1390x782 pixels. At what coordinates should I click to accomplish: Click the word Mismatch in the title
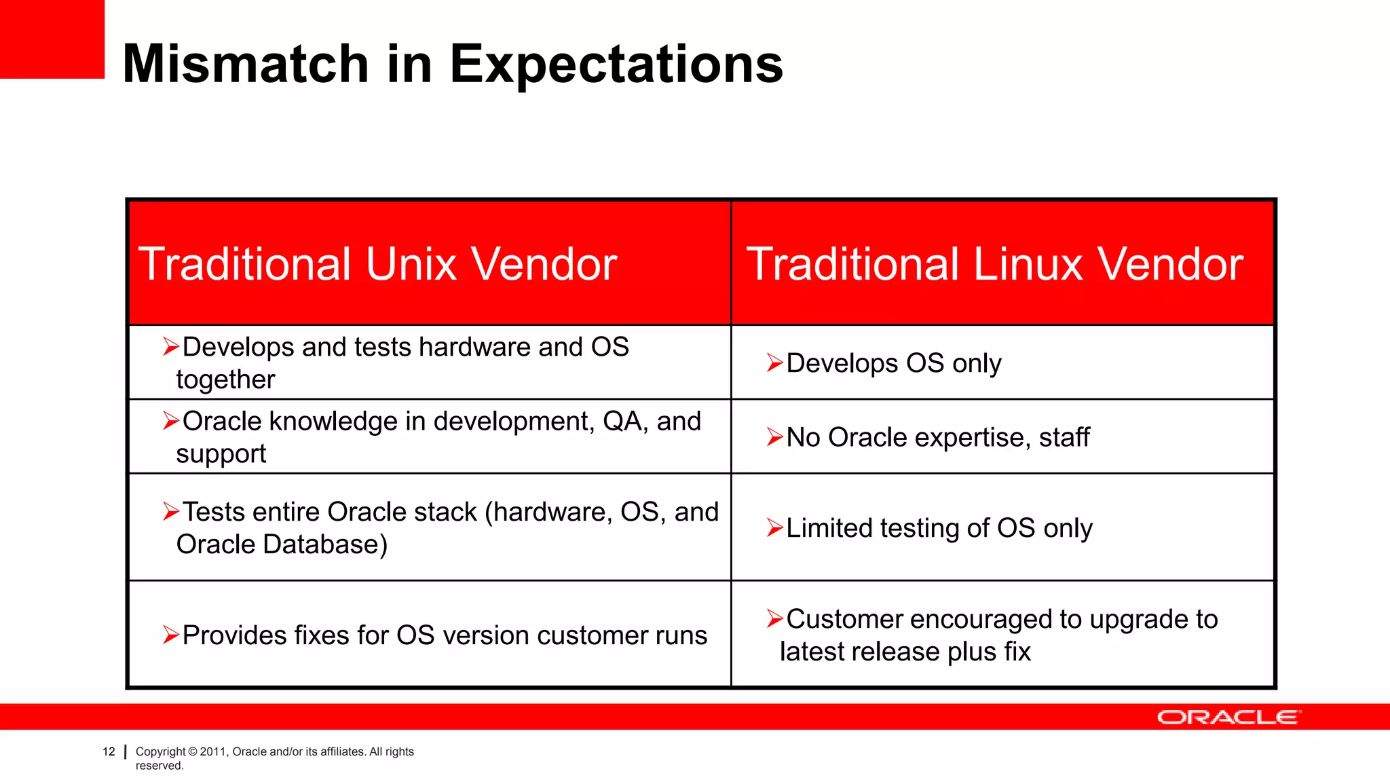pos(246,64)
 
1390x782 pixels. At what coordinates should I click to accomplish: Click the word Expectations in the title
pos(616,64)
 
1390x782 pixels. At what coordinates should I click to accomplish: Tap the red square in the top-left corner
pos(52,39)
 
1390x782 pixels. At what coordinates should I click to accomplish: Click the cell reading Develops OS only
pos(893,363)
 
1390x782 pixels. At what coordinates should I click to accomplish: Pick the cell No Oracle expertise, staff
pos(937,437)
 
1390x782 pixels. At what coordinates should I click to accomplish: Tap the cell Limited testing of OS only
pos(939,528)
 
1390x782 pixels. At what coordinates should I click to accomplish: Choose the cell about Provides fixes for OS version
pos(445,635)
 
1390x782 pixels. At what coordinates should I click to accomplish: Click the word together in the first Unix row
pos(225,379)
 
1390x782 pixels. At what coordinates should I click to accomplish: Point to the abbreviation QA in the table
pos(622,422)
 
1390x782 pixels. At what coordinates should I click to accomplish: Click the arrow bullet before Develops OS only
pos(774,363)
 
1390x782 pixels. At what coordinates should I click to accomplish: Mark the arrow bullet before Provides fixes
pos(171,635)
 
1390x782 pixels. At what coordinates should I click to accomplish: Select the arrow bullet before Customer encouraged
pos(774,619)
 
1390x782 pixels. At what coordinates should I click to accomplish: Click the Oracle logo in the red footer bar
pos(1228,718)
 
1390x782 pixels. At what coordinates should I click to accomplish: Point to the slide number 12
pos(109,751)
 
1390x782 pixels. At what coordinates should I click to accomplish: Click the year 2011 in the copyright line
pos(212,751)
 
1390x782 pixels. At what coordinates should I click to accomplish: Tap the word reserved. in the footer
pos(159,766)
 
